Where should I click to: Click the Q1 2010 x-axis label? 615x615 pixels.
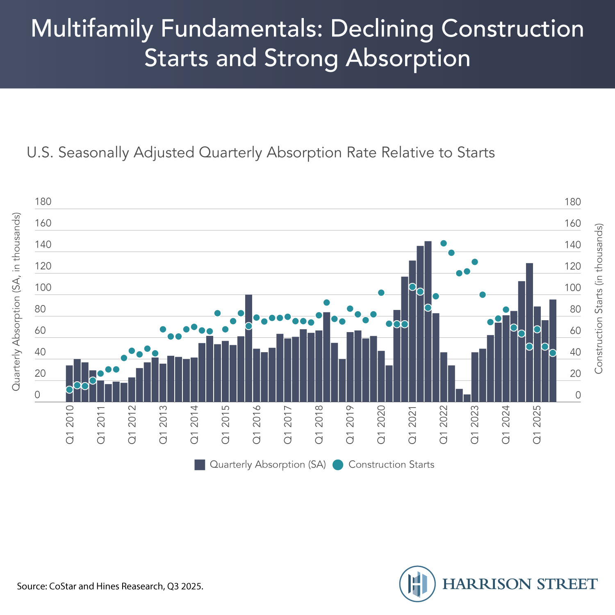click(x=69, y=424)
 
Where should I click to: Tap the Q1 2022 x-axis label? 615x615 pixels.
click(x=443, y=424)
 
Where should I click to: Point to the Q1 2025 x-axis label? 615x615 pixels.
click(x=537, y=424)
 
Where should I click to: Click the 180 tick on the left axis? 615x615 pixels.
click(x=43, y=201)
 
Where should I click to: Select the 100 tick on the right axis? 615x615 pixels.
click(x=572, y=287)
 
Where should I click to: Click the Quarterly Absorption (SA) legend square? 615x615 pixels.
click(x=200, y=465)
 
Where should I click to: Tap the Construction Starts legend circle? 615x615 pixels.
click(x=338, y=465)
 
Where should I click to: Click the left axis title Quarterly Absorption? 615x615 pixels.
click(x=16, y=301)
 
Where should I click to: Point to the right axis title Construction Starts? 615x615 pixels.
click(x=599, y=298)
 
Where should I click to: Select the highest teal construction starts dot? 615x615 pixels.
click(x=443, y=243)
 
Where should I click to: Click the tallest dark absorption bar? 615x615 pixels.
click(x=428, y=321)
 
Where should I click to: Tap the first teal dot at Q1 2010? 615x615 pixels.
click(x=69, y=389)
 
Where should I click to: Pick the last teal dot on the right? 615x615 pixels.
click(x=552, y=353)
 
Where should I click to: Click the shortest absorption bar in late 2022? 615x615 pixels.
click(x=467, y=398)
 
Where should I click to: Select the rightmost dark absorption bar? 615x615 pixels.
click(x=552, y=351)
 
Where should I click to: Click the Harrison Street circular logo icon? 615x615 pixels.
click(x=417, y=583)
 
